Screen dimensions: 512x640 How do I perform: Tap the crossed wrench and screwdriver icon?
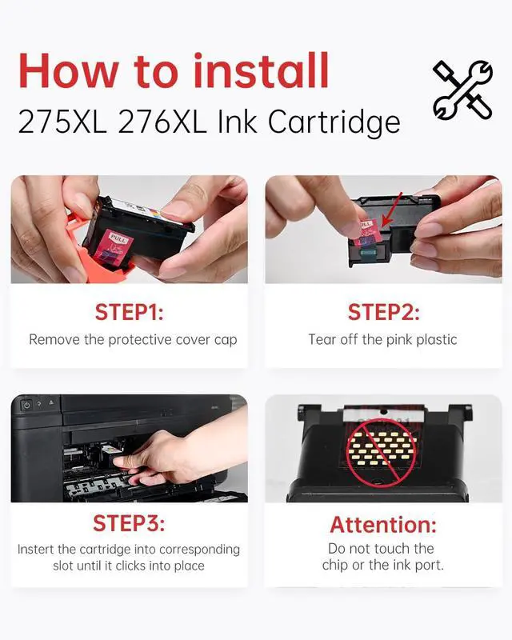tap(462, 90)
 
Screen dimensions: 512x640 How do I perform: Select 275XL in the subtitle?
tap(62, 122)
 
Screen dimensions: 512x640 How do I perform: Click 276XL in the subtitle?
tap(162, 122)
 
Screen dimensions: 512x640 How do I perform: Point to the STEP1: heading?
tap(130, 312)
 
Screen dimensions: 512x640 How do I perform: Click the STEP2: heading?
tap(383, 312)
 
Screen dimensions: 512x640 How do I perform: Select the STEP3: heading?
tap(129, 523)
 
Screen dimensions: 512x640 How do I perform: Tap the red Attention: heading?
tap(383, 525)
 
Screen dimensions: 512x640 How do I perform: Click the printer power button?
tap(26, 406)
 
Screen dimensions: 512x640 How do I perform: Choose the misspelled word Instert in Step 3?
tap(35, 550)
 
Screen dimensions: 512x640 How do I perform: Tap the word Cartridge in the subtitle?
tap(334, 122)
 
